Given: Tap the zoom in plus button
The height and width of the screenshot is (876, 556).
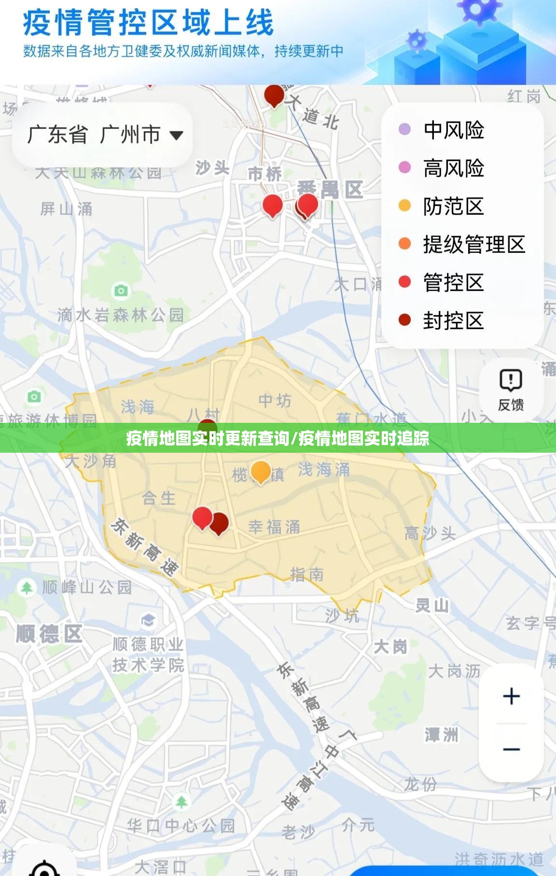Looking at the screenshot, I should [x=511, y=696].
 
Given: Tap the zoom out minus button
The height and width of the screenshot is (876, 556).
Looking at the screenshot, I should [x=511, y=750].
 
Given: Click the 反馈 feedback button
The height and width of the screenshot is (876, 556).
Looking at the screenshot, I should [x=511, y=390].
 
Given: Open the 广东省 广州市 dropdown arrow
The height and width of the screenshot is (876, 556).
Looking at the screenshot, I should [x=176, y=135].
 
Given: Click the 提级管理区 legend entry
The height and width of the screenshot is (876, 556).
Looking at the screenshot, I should [x=473, y=245].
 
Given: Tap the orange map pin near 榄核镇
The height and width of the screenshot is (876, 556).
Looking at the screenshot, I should [x=261, y=472].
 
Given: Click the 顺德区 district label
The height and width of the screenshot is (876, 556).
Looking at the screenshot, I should [x=49, y=634].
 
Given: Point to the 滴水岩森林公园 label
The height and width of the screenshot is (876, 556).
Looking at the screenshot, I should [x=121, y=315].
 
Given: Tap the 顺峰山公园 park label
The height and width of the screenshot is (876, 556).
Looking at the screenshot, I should [x=87, y=587].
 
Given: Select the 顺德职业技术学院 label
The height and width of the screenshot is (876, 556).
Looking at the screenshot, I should [x=148, y=654].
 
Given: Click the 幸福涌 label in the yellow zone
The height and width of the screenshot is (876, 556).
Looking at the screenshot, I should [x=274, y=527].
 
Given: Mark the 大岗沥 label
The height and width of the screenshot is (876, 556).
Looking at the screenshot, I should [x=454, y=671].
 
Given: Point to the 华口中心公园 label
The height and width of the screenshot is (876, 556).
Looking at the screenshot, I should [x=181, y=826].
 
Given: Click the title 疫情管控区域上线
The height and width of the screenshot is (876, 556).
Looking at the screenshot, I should [x=148, y=23].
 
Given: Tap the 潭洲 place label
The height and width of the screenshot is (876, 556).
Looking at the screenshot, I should [x=441, y=735].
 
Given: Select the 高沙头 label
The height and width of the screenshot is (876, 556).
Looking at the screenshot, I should [x=430, y=533].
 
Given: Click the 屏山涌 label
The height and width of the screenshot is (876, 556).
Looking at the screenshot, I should [x=66, y=209].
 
